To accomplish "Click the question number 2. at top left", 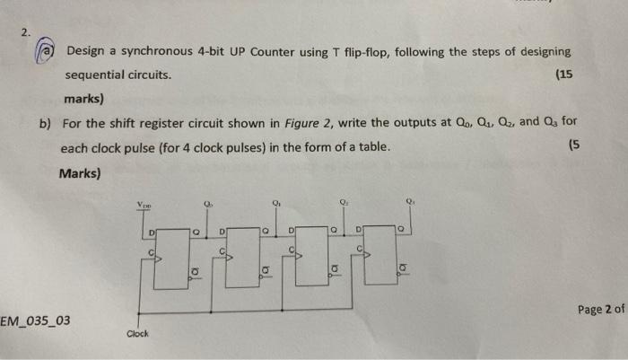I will [27, 31].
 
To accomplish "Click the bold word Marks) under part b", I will [80, 172].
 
